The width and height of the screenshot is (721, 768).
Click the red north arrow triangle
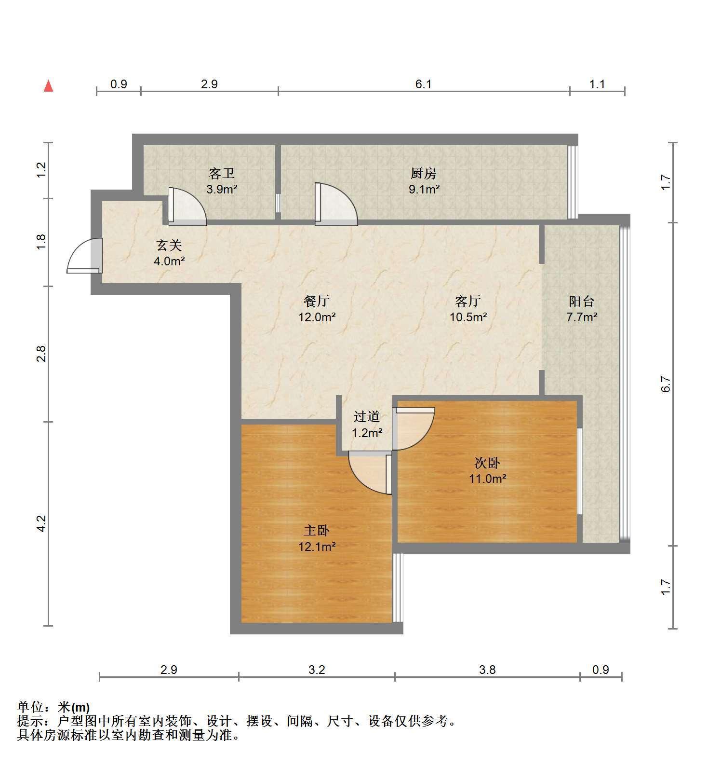[x=48, y=86]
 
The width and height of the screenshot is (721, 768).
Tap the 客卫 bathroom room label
[x=222, y=173]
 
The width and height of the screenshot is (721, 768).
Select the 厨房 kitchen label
[x=424, y=173]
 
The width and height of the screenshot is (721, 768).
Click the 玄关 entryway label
[x=169, y=245]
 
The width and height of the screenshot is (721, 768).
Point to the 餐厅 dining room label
[x=317, y=301]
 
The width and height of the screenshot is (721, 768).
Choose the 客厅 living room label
[x=468, y=301]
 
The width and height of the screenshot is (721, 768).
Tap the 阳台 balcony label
[x=582, y=302]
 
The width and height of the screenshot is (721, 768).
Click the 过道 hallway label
[x=367, y=416]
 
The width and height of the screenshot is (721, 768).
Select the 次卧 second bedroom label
[x=487, y=463]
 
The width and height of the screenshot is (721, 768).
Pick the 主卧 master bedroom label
[x=317, y=531]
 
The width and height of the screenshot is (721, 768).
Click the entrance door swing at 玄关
[x=84, y=256]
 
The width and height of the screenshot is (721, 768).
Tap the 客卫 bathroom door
[x=187, y=206]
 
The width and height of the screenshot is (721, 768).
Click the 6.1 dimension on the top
[x=423, y=84]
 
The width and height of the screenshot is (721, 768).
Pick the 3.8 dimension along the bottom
[x=487, y=670]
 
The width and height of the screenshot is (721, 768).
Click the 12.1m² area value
[x=317, y=547]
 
